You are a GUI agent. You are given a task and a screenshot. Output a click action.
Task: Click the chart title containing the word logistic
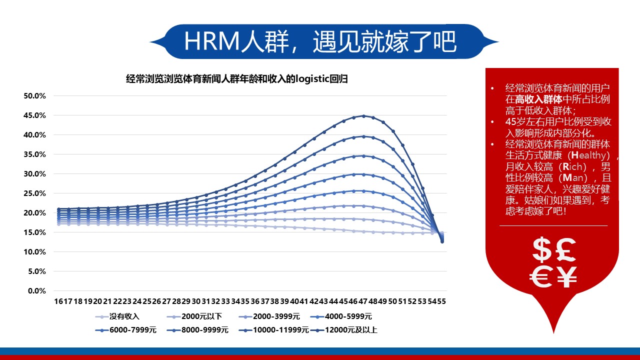click(x=237, y=79)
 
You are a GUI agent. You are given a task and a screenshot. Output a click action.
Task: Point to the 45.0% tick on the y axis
click(x=34, y=115)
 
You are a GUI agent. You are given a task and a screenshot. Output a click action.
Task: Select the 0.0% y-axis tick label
click(x=37, y=291)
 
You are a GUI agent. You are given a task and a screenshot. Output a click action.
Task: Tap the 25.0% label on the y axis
click(x=34, y=193)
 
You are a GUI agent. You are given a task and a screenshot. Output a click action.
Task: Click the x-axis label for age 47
click(x=363, y=301)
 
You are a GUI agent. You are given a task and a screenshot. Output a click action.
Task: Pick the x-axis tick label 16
click(x=58, y=301)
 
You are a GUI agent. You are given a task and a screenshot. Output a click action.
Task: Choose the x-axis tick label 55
click(x=441, y=301)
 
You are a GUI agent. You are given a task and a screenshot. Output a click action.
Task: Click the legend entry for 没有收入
click(x=117, y=316)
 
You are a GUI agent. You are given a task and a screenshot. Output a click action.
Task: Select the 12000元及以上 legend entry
click(x=344, y=330)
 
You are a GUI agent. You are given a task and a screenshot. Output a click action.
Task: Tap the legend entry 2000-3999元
click(x=269, y=316)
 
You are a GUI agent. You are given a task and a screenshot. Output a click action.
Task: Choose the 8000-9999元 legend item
click(x=197, y=330)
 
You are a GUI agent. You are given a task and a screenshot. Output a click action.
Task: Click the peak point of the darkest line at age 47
click(x=363, y=116)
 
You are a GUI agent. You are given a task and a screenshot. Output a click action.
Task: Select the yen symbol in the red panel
click(x=566, y=276)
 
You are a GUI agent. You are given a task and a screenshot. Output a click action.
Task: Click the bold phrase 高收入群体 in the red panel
click(x=538, y=99)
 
